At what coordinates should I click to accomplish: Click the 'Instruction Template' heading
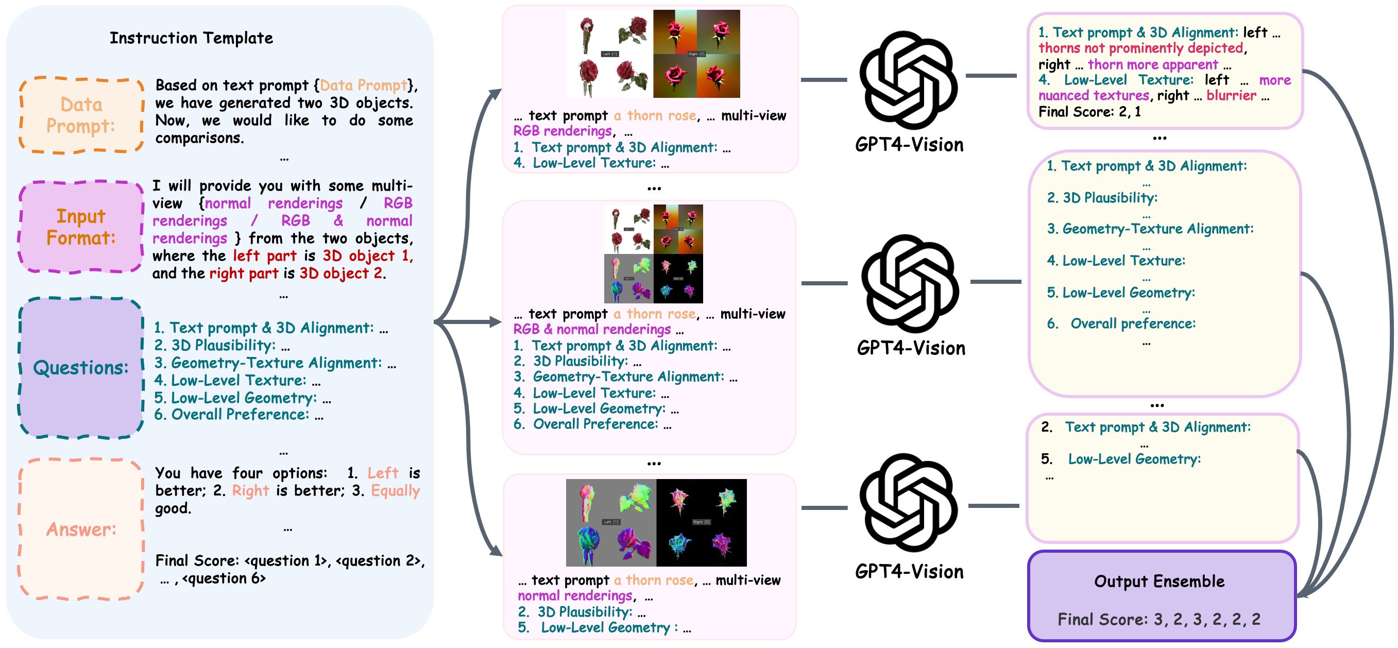191,38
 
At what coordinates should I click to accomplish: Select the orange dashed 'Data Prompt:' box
81,115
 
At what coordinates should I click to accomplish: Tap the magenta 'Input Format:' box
81,227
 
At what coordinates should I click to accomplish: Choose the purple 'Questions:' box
81,367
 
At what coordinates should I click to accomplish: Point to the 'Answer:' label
81,529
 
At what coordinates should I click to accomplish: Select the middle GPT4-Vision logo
910,283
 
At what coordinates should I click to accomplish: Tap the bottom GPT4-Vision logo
909,502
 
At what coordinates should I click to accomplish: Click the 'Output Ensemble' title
1159,581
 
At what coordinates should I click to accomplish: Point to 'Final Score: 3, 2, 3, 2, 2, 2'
1159,619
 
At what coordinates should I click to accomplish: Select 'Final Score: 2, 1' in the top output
1089,112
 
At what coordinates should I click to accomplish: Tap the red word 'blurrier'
1231,95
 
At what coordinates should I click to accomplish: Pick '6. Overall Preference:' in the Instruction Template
232,415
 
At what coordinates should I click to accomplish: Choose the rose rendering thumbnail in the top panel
653,54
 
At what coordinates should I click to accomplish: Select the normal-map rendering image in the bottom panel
656,523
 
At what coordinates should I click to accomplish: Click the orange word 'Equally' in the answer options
395,490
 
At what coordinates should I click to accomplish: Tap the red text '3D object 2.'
343,273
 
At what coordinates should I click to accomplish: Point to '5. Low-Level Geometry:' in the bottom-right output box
1134,459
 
